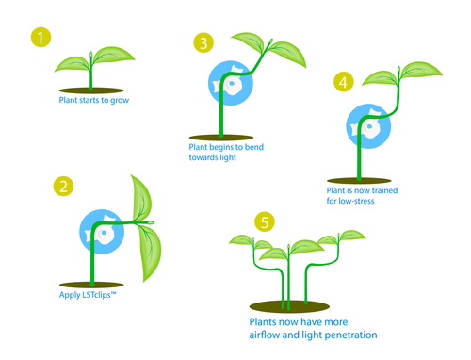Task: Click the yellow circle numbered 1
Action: coord(41,38)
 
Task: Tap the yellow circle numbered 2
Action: coord(63,187)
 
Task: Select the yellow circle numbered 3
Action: coord(203,42)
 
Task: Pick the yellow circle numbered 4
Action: coord(344,82)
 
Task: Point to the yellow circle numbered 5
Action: coord(265,221)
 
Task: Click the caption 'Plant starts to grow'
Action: coord(94,100)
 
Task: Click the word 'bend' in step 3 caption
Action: coord(254,147)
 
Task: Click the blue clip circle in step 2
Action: coord(102,232)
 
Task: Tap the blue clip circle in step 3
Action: coord(231,83)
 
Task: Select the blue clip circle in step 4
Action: coord(368,126)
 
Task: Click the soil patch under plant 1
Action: coord(91,90)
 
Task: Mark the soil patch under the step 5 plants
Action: coord(289,306)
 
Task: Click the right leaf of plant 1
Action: coord(114,55)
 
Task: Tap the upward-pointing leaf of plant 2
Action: coord(142,198)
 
